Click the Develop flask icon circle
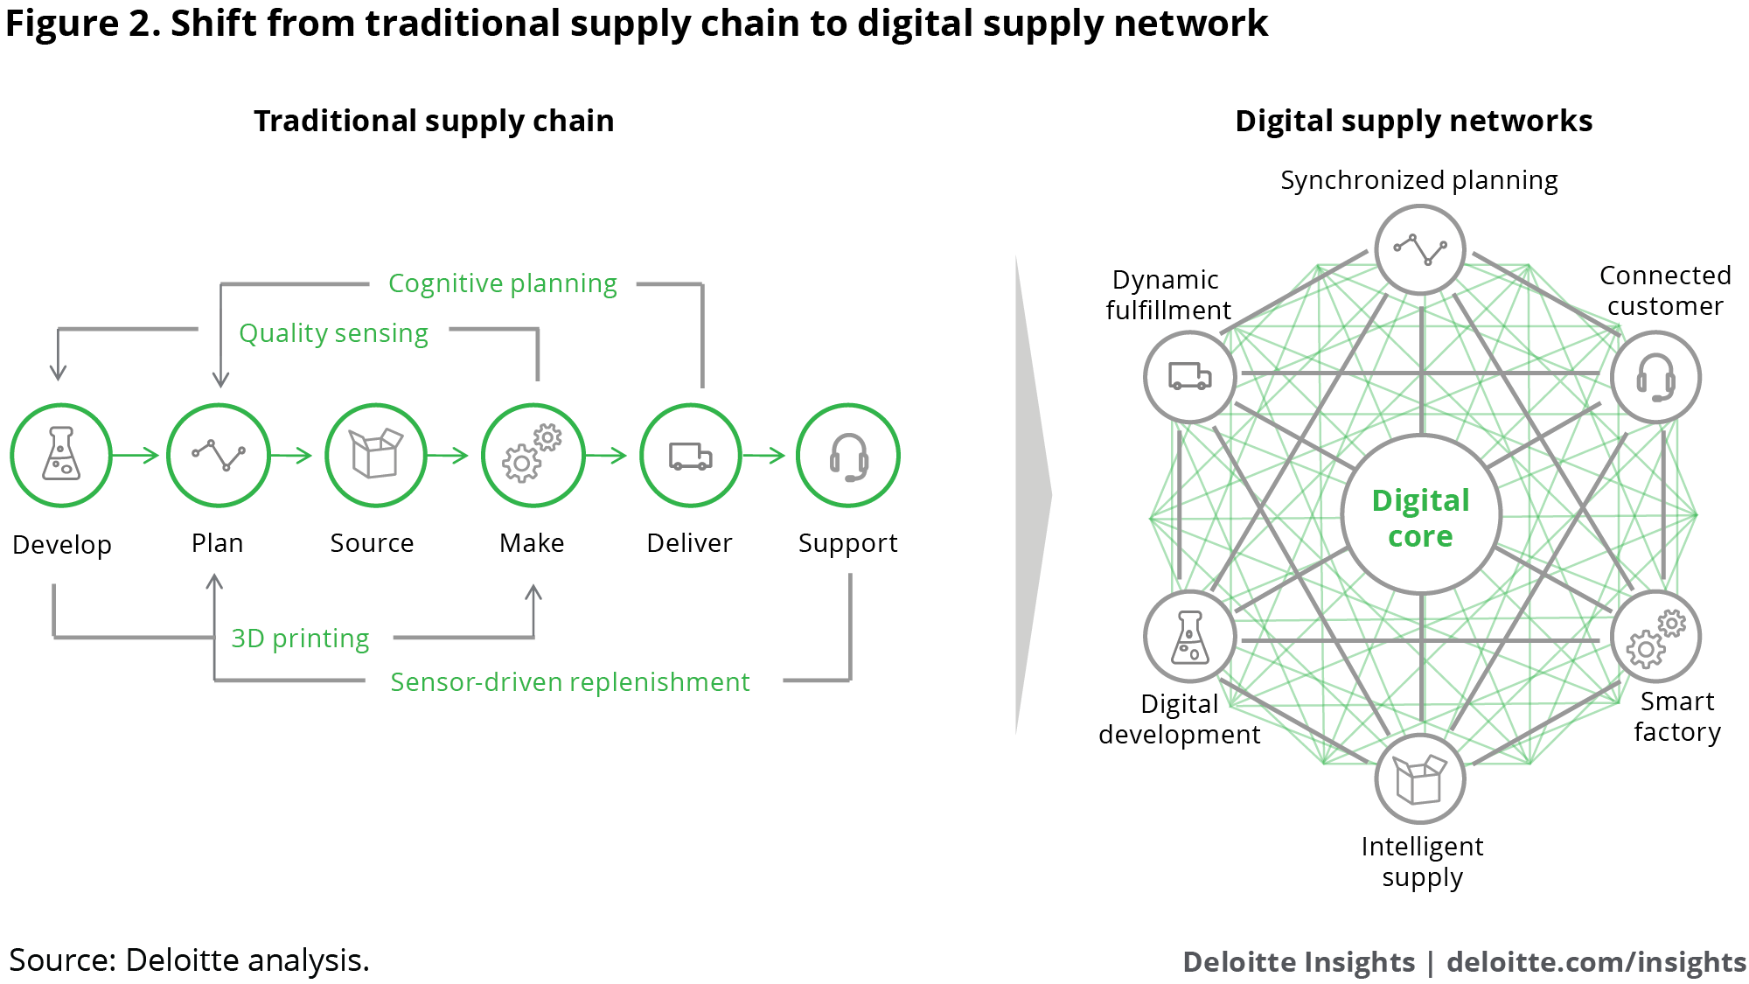tap(61, 455)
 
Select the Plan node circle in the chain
tap(218, 455)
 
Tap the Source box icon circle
tap(375, 455)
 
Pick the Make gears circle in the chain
tap(533, 455)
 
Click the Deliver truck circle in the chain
tap(690, 455)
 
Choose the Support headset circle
tap(847, 455)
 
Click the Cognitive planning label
tap(502, 283)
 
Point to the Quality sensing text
tap(333, 333)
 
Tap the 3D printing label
tap(300, 639)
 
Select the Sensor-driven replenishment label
tap(569, 682)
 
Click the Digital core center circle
tap(1421, 516)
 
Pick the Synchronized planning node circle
tap(1419, 249)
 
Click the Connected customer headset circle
tap(1655, 377)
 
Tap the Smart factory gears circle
tap(1655, 637)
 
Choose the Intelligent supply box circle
tap(1419, 778)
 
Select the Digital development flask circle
tap(1189, 637)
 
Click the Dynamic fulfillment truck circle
tap(1189, 377)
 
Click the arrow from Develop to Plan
tap(136, 455)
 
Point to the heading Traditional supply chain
tap(434, 121)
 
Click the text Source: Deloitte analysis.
tap(189, 960)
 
